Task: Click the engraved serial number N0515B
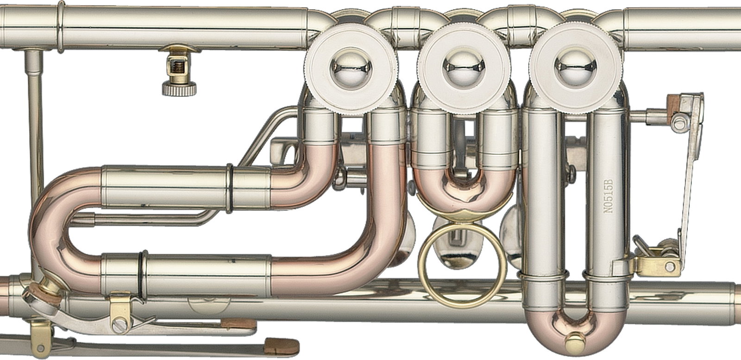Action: tap(608, 196)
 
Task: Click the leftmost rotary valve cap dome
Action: tap(352, 69)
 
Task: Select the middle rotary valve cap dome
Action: tap(464, 69)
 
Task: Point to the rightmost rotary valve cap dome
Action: tap(576, 69)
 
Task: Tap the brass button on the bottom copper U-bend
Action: tap(575, 342)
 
